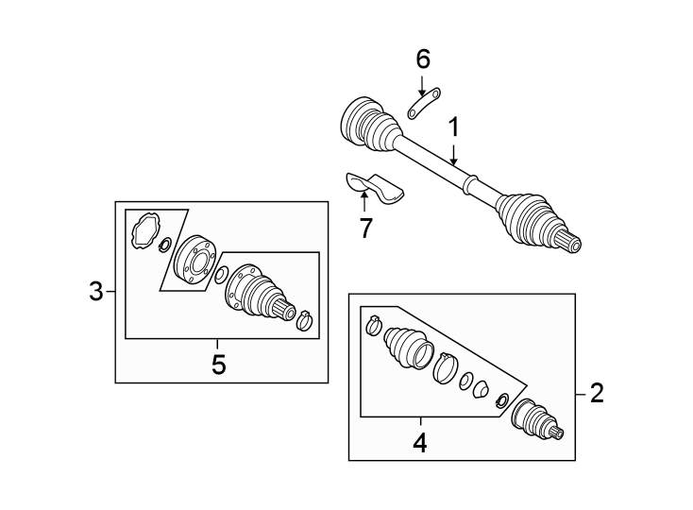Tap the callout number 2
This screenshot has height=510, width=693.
[x=596, y=393]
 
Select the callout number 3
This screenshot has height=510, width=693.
[x=95, y=292]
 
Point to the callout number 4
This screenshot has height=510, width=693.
[x=419, y=441]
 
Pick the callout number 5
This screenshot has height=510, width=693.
[x=218, y=365]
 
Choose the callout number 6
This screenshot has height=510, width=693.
[x=422, y=59]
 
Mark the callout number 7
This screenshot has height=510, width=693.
[x=364, y=227]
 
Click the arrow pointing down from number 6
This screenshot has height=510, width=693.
[x=422, y=85]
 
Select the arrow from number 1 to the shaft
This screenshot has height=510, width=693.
[x=454, y=154]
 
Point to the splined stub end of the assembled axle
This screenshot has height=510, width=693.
[x=572, y=244]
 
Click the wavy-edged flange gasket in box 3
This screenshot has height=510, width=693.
[x=144, y=230]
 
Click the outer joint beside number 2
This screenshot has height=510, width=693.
[x=534, y=419]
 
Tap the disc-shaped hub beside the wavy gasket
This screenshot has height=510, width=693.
[x=194, y=260]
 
